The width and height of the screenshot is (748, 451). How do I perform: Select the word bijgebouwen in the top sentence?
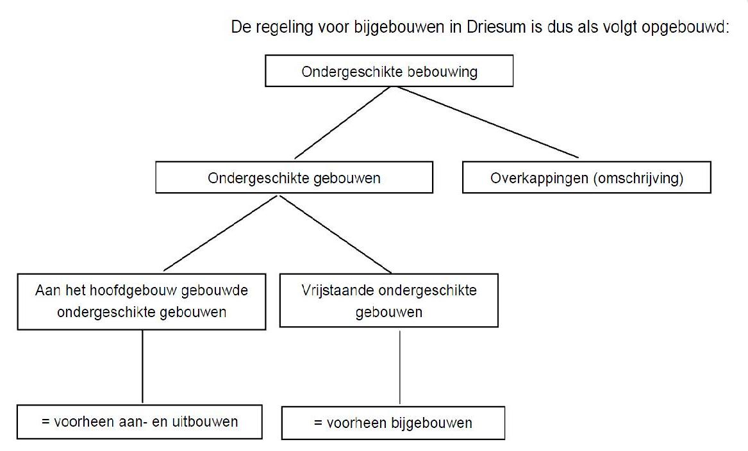pos(399,28)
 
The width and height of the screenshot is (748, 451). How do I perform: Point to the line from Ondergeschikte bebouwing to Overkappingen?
pos(488,122)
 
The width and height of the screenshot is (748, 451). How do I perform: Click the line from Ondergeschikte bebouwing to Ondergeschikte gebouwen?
pos(342,122)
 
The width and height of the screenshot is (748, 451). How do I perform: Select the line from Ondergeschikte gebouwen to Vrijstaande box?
pos(335,234)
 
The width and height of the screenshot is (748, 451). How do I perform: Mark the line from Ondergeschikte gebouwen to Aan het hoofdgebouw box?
pos(220,233)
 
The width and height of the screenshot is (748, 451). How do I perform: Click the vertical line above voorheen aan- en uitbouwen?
pos(143,367)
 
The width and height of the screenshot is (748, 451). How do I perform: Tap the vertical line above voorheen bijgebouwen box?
pos(400,367)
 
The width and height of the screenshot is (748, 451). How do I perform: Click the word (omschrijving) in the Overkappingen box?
pos(638,179)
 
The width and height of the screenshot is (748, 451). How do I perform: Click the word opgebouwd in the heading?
pos(686,28)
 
